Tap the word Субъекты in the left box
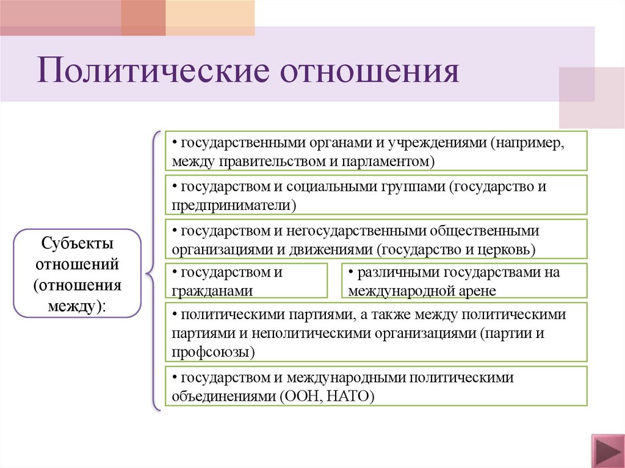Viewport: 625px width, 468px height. click(78, 245)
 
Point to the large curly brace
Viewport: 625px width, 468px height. click(153, 270)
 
